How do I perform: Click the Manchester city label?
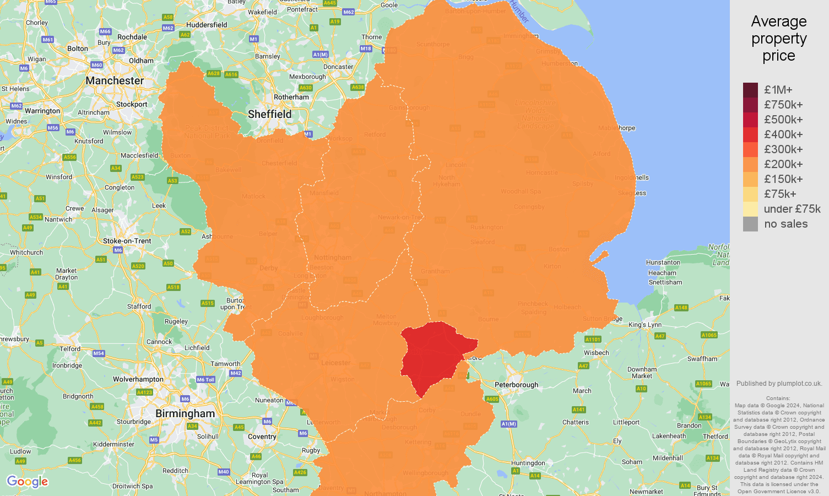(115, 80)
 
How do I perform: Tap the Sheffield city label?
(269, 114)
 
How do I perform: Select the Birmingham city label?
(185, 413)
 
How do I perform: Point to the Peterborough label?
(516, 385)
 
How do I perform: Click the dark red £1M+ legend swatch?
(750, 90)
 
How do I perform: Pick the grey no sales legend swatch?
(750, 224)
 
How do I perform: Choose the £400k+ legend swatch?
(750, 134)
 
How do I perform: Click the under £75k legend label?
(792, 209)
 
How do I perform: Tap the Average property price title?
(778, 39)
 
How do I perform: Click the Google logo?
(28, 482)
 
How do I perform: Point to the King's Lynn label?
(645, 325)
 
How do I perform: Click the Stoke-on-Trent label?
(127, 241)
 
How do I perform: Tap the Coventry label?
(262, 436)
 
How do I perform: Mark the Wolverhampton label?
(138, 379)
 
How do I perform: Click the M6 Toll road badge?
(205, 380)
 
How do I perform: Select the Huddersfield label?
(207, 25)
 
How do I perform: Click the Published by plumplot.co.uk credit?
(779, 384)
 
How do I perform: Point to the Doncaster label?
(338, 67)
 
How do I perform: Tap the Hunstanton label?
(664, 262)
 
